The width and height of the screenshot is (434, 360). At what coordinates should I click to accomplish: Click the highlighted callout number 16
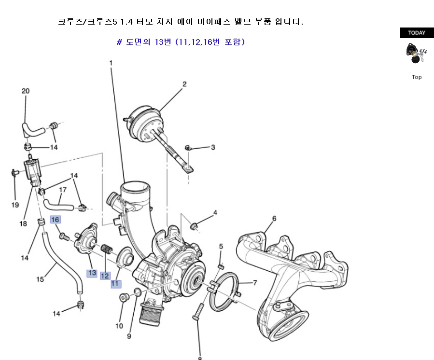[55, 220]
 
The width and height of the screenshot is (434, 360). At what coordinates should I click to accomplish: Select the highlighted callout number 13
[92, 273]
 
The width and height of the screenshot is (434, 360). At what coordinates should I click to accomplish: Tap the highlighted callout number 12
[105, 276]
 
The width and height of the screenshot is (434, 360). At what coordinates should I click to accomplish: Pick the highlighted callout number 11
[116, 284]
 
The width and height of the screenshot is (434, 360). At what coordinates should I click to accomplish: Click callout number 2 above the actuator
[184, 84]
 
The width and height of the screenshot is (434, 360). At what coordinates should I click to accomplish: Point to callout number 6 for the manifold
[274, 218]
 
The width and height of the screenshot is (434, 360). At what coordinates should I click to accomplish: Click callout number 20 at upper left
[26, 91]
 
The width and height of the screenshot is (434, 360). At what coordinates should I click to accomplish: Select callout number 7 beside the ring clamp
[255, 282]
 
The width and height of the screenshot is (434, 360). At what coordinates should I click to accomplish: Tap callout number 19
[15, 205]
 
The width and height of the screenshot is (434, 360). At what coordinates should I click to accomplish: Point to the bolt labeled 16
[64, 236]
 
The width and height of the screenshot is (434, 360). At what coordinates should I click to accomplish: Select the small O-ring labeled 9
[137, 291]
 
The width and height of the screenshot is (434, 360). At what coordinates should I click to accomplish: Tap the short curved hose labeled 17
[58, 205]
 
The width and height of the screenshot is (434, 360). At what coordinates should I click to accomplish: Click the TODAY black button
[417, 33]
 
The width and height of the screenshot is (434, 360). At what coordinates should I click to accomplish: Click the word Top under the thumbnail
[417, 77]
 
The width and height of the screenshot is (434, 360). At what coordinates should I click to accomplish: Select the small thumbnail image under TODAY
[416, 53]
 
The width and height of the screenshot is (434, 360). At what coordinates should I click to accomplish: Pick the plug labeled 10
[124, 298]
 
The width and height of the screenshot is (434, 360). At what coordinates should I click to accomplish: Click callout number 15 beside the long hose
[40, 279]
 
